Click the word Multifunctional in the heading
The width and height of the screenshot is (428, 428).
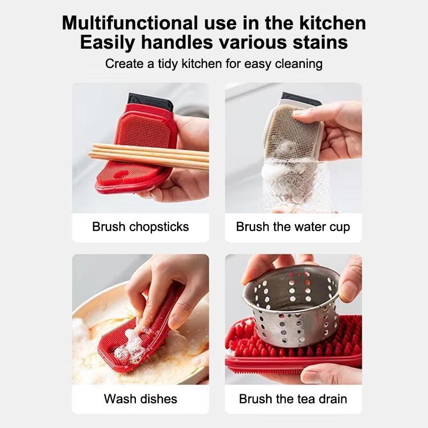130,22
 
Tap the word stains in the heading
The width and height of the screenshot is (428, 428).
320,42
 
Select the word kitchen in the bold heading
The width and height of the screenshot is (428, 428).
332,22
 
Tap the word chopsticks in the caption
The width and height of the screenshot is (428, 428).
159,227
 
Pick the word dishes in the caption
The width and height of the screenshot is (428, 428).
158,399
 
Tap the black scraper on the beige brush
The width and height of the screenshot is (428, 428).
302,100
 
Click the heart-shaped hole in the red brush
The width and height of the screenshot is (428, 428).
121,174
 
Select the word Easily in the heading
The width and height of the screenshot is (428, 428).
108,43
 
